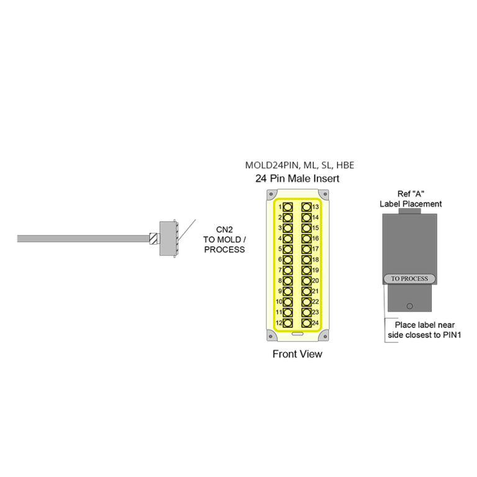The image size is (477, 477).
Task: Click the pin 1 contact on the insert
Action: (x=288, y=207)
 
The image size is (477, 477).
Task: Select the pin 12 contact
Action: (x=288, y=323)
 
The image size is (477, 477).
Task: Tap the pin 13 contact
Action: (x=306, y=207)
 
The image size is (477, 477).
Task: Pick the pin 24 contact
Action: (x=306, y=323)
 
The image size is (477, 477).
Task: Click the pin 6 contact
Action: (x=288, y=260)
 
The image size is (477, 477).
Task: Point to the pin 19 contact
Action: (x=306, y=270)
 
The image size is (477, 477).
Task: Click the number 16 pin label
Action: (x=316, y=238)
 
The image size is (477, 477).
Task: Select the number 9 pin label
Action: (x=280, y=291)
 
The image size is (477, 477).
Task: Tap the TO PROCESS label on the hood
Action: (x=409, y=279)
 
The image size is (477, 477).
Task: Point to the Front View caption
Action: (x=298, y=354)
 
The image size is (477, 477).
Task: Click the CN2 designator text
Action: (x=224, y=229)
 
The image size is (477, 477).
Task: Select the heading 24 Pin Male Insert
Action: (x=298, y=178)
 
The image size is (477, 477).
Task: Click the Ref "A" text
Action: (x=411, y=194)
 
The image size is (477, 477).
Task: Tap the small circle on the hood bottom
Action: (x=409, y=306)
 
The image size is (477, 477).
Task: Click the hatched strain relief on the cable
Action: (x=153, y=238)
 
